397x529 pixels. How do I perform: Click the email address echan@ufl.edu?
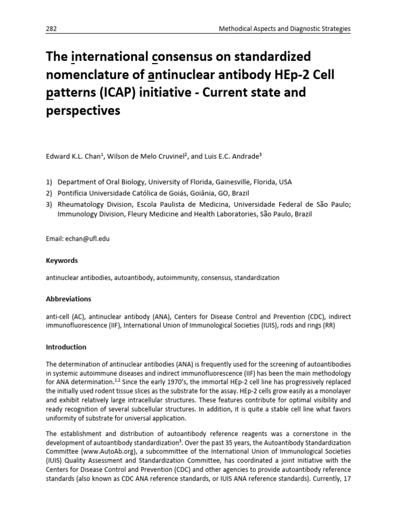coord(86,239)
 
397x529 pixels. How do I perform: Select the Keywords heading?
coord(62,261)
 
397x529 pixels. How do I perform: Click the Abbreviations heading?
coord(69,299)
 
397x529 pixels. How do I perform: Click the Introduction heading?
coord(67,347)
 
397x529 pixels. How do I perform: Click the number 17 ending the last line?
coord(347,477)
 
